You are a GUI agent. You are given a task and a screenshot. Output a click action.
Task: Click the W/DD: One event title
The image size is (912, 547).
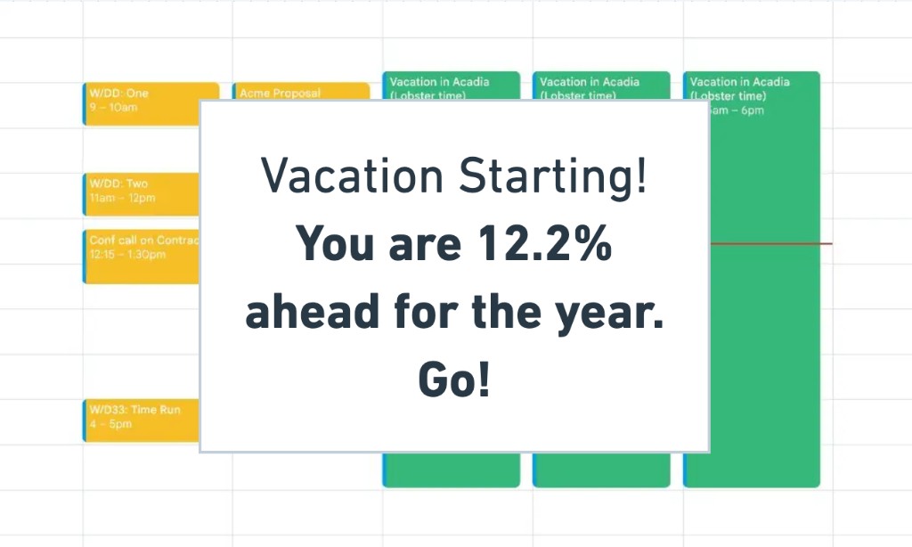coord(118,94)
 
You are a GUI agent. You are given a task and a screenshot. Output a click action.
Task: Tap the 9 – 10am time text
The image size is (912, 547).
coord(113,108)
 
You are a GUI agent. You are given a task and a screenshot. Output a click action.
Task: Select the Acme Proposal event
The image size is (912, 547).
coord(280,93)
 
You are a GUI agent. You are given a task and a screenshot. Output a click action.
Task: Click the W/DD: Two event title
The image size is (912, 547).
coord(118,184)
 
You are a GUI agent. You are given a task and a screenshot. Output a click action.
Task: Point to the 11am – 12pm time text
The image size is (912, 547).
coord(122,198)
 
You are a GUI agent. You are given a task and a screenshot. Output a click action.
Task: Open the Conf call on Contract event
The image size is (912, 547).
coord(143,241)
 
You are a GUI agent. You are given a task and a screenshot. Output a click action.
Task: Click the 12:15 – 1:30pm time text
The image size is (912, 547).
coord(127,255)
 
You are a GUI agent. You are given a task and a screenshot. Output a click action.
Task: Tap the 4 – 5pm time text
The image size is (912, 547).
coord(110,424)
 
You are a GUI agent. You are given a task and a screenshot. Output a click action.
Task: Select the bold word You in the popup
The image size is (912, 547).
coord(335,244)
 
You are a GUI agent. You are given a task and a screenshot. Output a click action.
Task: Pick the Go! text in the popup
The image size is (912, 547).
coord(454,381)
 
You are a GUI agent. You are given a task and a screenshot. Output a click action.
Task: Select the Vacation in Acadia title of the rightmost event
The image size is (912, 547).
coord(739,82)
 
